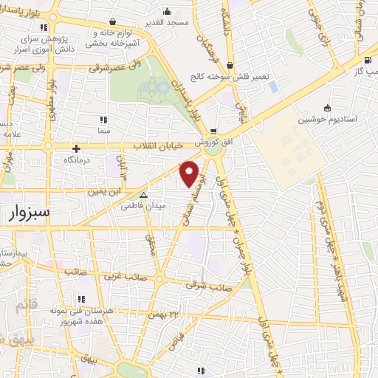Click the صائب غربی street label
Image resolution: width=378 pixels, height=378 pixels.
tap(123, 278)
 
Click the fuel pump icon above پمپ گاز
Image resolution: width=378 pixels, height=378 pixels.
tap(367, 60)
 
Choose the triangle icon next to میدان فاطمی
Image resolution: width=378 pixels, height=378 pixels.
tap(144, 196)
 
